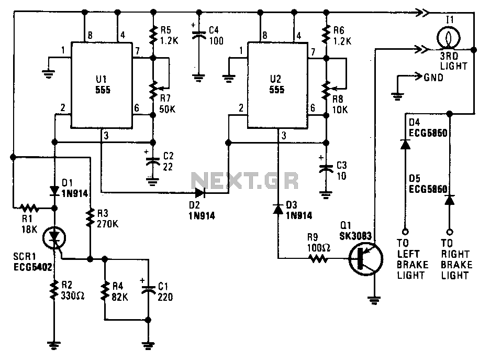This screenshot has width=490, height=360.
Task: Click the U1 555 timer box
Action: (x=102, y=85)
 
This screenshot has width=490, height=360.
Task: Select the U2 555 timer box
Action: (x=277, y=85)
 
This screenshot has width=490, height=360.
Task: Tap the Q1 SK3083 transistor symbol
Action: (x=365, y=258)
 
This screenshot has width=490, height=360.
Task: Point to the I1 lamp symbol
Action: (x=449, y=38)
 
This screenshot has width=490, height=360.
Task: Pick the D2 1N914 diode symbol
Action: (x=199, y=193)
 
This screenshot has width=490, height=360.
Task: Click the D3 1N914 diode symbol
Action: (x=278, y=209)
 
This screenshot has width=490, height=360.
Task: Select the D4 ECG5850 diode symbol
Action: (x=405, y=145)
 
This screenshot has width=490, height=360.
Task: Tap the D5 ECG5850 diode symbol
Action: (x=449, y=200)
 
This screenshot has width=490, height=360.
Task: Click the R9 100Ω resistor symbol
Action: (x=318, y=258)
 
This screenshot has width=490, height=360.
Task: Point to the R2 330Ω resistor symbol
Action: (x=54, y=290)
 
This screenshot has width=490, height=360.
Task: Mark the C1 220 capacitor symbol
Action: (x=148, y=289)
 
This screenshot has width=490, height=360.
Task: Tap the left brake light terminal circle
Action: (x=405, y=232)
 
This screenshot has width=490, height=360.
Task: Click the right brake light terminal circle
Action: (x=449, y=232)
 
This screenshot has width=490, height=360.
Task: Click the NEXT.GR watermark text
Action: (x=244, y=180)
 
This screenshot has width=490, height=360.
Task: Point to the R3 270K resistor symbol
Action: (x=90, y=218)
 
